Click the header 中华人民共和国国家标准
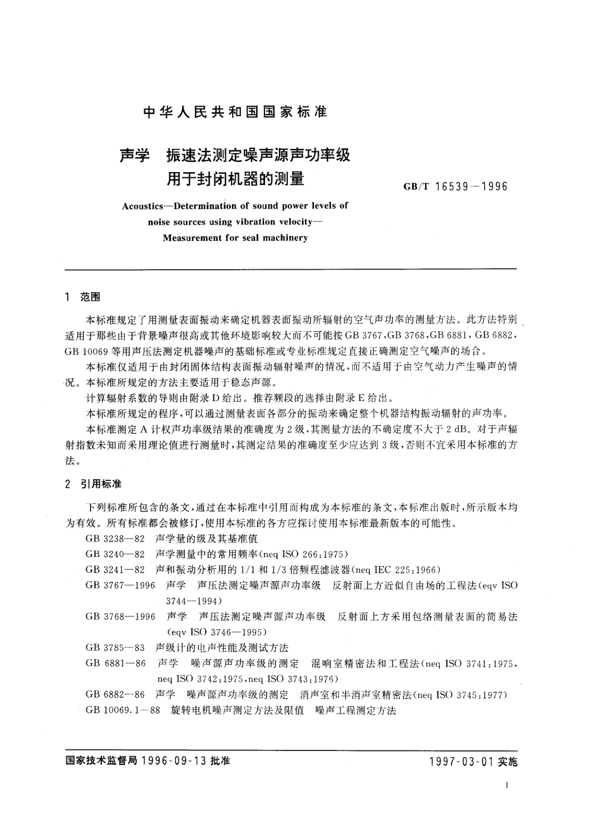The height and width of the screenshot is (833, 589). (235, 112)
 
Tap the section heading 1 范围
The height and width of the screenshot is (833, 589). (83, 297)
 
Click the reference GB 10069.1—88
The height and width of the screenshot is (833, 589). (123, 710)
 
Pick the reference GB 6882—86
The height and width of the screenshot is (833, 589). (115, 694)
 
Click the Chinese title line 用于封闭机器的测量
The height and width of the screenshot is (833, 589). (235, 178)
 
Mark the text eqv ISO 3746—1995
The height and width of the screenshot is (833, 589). (217, 632)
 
